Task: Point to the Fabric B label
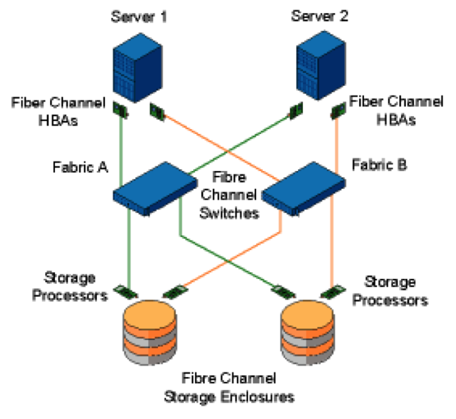tap(380, 165)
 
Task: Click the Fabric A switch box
tap(155, 188)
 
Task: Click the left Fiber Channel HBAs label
tap(58, 111)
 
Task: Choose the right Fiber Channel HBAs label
tap(396, 111)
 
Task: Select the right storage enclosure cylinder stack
tap(310, 335)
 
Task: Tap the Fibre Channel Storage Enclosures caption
tap(229, 387)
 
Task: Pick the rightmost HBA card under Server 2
tap(339, 109)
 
